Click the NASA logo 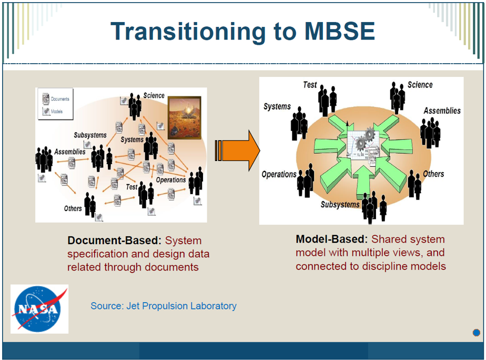click(x=39, y=309)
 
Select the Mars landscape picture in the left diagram click(x=184, y=117)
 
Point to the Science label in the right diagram click(x=420, y=85)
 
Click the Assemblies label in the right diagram click(x=442, y=111)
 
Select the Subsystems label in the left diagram click(x=90, y=135)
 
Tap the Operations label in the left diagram click(x=171, y=179)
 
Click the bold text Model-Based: click(x=332, y=239)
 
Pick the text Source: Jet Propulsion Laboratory click(x=164, y=306)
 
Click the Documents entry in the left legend click(x=59, y=99)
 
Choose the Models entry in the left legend click(x=56, y=112)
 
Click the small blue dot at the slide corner click(x=476, y=332)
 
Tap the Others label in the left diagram click(x=73, y=208)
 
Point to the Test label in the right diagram click(x=310, y=85)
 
